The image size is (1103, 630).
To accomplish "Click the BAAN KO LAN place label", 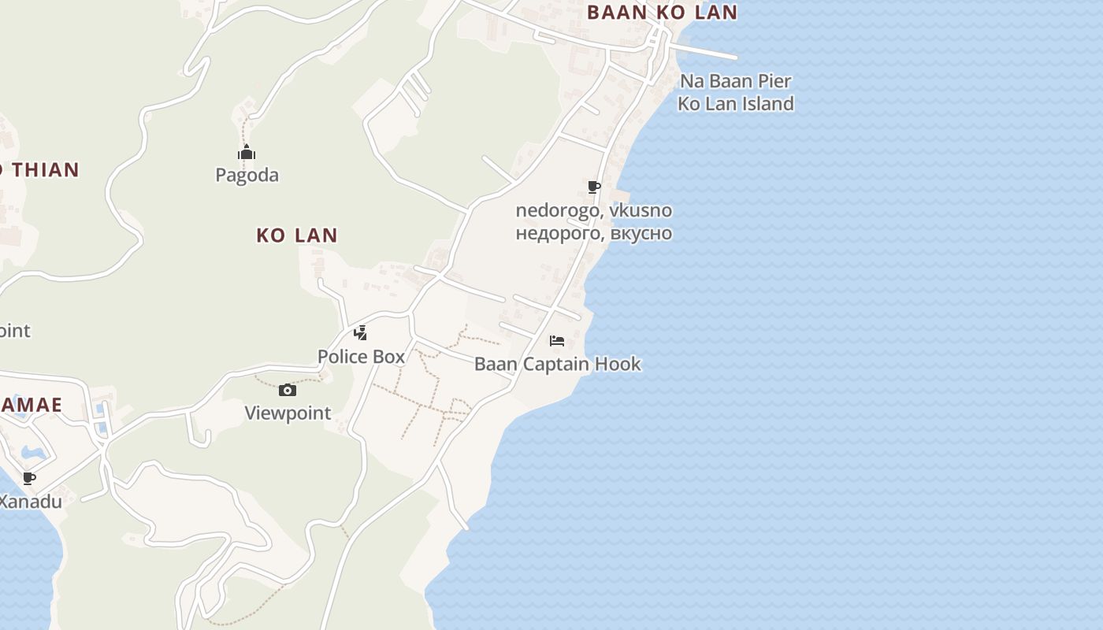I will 662,13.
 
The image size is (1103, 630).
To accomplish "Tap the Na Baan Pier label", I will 735,80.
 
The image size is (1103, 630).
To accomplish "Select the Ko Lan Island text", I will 735,103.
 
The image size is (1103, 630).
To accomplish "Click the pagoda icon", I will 247,153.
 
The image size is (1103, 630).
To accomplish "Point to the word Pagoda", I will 247,175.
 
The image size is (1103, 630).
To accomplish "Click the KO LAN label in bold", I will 297,235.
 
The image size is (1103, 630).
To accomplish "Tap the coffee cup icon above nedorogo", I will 594,187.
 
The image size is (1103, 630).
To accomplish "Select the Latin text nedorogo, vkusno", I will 594,210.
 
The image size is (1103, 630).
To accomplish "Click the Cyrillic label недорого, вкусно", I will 594,233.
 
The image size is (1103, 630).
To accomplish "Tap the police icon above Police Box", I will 361,333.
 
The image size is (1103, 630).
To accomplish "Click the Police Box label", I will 361,357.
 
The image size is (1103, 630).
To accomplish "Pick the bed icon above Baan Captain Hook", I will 557,341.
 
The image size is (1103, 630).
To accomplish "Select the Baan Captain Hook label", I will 557,364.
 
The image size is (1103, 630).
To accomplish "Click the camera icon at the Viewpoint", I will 288,390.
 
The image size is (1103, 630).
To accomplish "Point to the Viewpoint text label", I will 288,413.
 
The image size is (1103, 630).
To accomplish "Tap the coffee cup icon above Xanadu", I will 29,478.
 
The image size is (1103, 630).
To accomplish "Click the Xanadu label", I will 30,501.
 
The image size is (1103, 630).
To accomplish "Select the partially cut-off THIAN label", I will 39,169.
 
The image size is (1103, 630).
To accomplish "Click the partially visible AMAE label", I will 31,405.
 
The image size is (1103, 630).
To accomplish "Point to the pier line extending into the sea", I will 705,51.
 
